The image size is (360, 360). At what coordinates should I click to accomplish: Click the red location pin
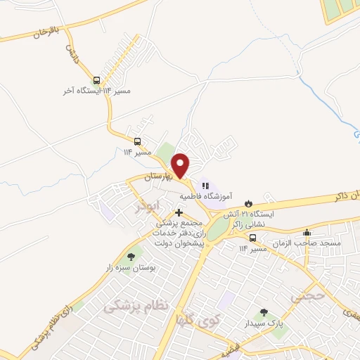point(181,165)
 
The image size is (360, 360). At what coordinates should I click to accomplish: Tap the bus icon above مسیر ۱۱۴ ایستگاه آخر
point(97,81)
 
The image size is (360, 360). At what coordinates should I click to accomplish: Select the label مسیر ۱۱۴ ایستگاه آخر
point(105,91)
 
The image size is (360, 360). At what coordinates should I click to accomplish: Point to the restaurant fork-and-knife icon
point(205,185)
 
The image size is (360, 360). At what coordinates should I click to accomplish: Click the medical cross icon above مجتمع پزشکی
point(179,212)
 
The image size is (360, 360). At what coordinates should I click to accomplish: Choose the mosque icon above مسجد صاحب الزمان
point(307,233)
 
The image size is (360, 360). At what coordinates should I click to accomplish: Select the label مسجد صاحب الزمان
point(309,243)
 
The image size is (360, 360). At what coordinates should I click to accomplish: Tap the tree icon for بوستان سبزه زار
point(130,257)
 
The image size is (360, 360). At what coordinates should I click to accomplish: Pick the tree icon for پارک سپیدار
point(264,313)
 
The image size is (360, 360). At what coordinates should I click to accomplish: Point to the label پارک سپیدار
point(264,324)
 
